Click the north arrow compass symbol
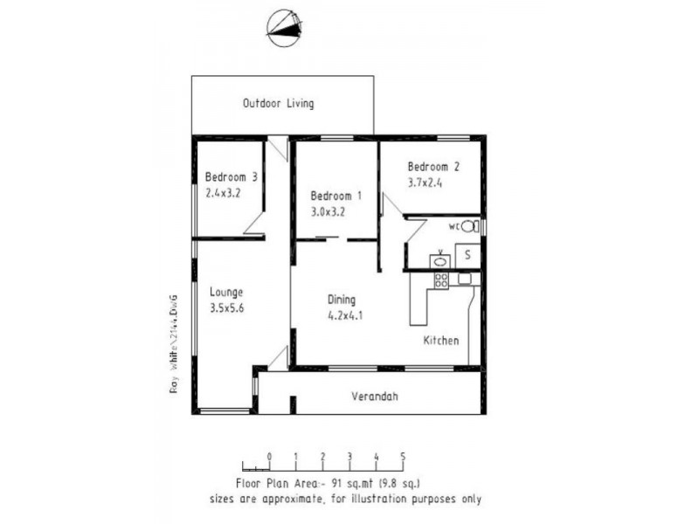tap(284, 29)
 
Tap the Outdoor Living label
tap(278, 104)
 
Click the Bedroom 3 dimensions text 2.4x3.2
tap(224, 193)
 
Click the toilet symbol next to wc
tap(469, 226)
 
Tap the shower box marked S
tap(467, 255)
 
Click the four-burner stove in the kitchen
tap(441, 280)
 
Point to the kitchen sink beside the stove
tap(464, 279)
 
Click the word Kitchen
tap(441, 341)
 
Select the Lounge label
tap(226, 293)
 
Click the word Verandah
tap(375, 396)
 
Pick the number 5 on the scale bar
tap(403, 456)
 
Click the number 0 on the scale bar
tap(270, 456)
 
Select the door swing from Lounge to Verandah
tap(279, 358)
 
